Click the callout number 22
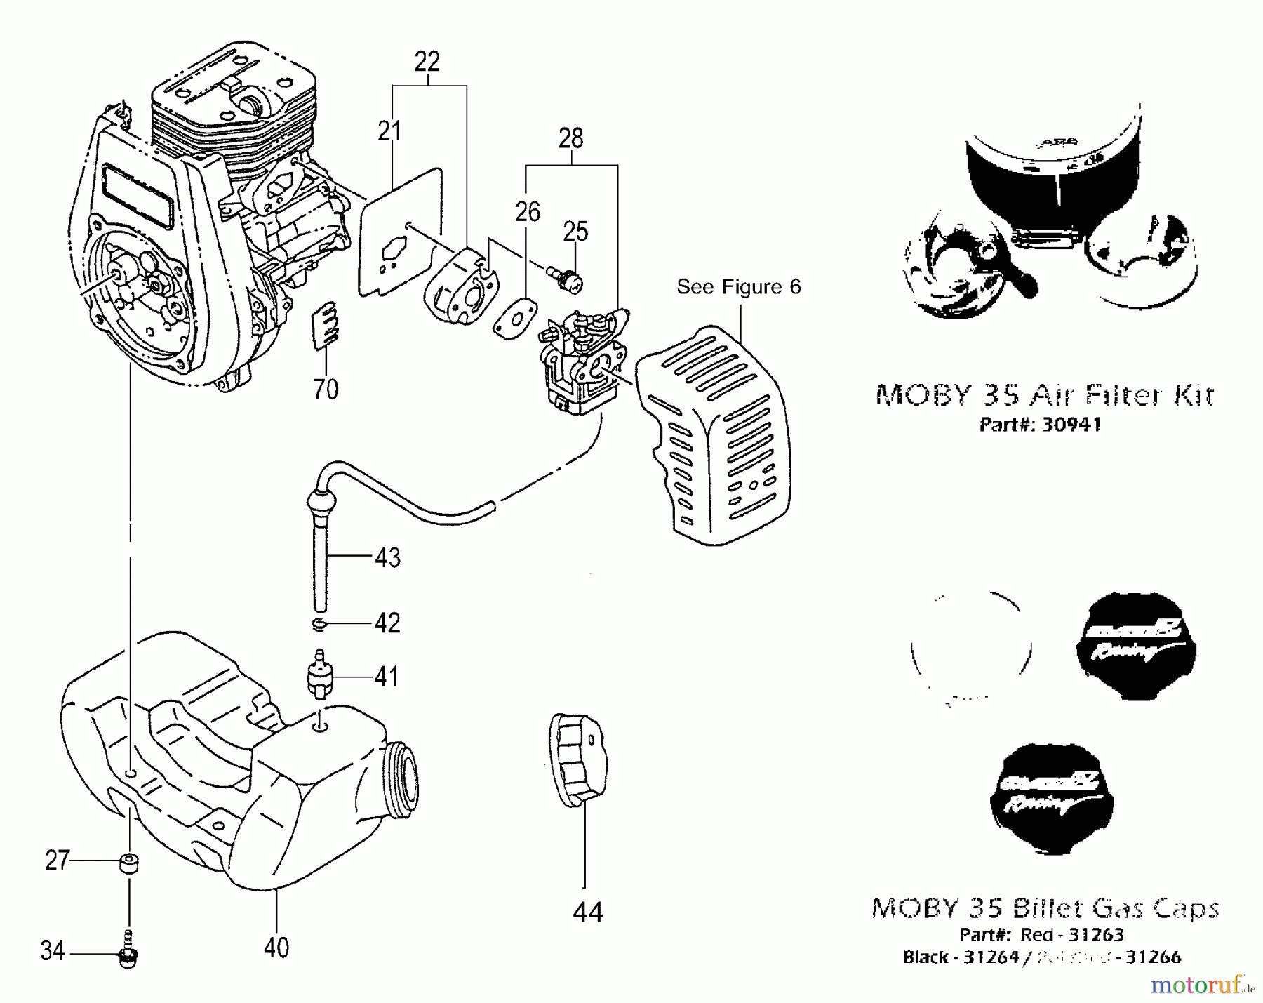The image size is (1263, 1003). point(427,62)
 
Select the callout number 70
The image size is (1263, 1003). point(326,388)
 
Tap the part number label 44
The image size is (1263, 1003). point(587,912)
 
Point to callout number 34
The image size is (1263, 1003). point(53,951)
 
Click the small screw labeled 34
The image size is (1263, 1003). point(128,951)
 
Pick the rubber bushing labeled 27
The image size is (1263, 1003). point(128,861)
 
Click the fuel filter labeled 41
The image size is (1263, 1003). point(320,677)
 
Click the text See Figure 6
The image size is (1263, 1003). point(738,286)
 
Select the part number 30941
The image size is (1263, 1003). point(1071,425)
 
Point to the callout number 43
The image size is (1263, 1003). point(387,557)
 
